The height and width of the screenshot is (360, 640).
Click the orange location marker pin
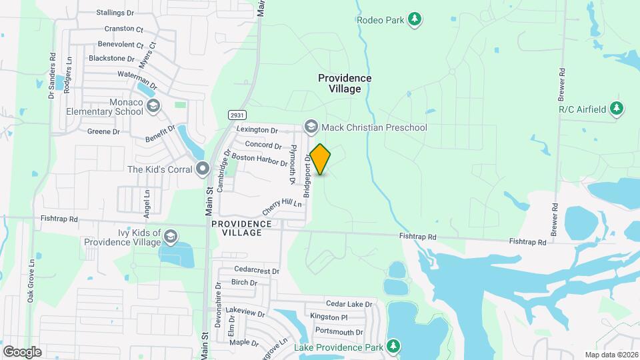point(321,159)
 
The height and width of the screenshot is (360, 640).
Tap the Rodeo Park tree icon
point(415,19)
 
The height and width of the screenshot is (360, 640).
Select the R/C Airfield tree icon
point(617,109)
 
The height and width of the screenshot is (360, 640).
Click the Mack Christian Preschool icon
point(310,127)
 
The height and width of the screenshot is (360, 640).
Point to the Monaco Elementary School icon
point(153,106)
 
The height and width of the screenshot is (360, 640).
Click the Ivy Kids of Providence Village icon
point(171,237)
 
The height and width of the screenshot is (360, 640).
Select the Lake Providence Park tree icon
point(393,346)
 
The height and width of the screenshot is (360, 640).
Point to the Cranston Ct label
point(124,29)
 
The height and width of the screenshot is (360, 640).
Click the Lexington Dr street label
point(257,130)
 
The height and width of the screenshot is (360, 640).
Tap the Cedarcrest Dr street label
point(257,270)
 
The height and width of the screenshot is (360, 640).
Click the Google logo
point(22,351)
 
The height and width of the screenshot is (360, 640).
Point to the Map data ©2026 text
point(611,355)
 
